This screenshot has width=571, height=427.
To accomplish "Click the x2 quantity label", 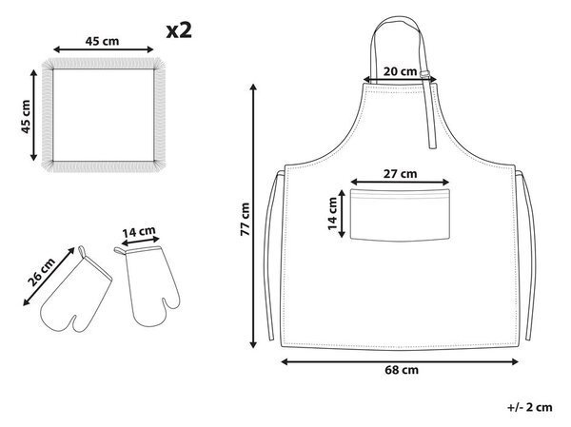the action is (x=179, y=31).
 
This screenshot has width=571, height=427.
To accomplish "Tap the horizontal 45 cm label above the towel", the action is (x=103, y=41).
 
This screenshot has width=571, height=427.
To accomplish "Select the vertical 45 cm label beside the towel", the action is (x=26, y=116).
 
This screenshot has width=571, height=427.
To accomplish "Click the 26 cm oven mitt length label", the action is (x=41, y=272).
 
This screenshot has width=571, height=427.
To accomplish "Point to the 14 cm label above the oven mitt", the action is (x=139, y=231).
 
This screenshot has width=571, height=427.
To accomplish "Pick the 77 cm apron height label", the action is (x=246, y=219).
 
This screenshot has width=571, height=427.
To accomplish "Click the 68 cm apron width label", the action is (x=402, y=370).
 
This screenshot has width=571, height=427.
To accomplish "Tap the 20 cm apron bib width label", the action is (x=400, y=71).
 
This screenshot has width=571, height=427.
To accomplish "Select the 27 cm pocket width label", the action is (x=400, y=174).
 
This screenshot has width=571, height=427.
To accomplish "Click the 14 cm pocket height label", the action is (x=332, y=214).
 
